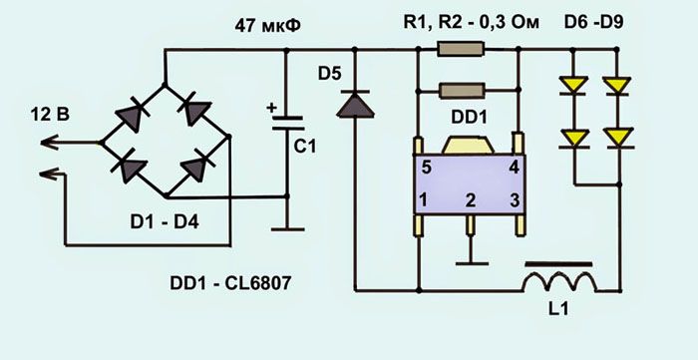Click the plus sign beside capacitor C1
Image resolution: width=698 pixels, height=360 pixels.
click(x=270, y=107)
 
